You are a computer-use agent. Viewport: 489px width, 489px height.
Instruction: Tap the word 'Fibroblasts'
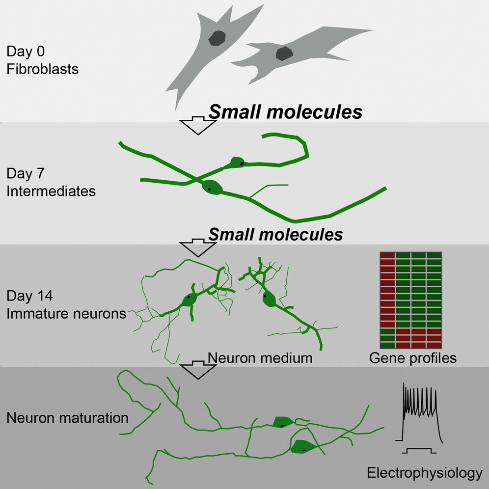coord(43,68)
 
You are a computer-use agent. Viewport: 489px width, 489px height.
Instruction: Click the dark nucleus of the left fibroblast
coord(217,38)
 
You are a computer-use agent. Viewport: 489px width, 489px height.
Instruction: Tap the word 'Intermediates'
coord(51,190)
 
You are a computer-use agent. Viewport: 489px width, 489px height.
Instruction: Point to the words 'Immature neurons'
coord(66,313)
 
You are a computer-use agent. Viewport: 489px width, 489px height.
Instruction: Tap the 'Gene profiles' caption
coord(413,358)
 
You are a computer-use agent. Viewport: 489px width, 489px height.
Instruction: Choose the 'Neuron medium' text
coord(260,357)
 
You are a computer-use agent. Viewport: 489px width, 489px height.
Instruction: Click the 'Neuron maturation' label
coord(67,418)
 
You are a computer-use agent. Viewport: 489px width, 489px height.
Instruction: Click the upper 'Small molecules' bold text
coord(286,112)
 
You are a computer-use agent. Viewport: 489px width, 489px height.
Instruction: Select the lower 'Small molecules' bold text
coord(275,234)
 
